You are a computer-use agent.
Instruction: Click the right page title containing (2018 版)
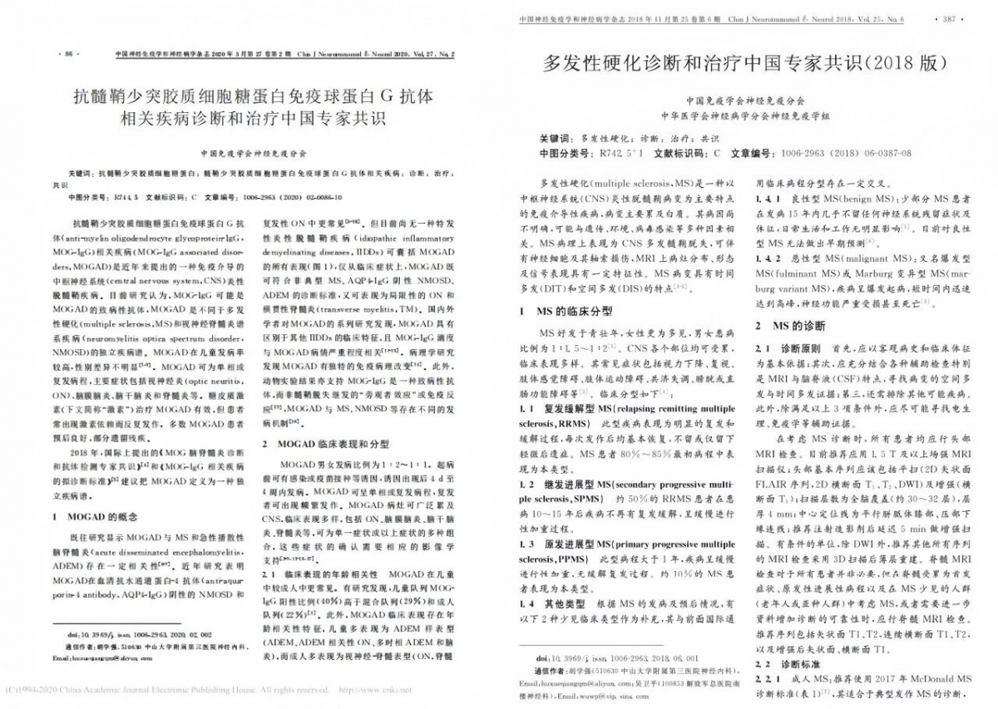click(744, 63)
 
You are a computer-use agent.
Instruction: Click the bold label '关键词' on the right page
click(555, 138)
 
